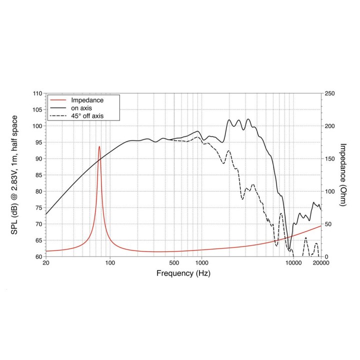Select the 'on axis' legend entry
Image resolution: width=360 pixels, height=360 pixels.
pos(82,108)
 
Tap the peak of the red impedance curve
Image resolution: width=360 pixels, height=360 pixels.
pos(99,146)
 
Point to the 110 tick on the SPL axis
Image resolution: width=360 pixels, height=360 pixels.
pos(37,93)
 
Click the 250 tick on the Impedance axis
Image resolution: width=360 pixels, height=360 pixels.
pos(329,93)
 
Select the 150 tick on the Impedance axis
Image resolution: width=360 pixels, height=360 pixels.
pos(329,158)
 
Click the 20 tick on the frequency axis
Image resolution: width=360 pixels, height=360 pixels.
pos(46,263)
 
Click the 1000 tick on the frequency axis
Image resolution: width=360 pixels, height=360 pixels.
pos(201,263)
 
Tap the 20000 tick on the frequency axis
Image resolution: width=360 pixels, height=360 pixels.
pos(320,263)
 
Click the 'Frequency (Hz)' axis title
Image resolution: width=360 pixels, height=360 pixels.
pos(183,273)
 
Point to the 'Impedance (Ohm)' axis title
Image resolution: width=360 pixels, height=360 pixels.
pos(343,174)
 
